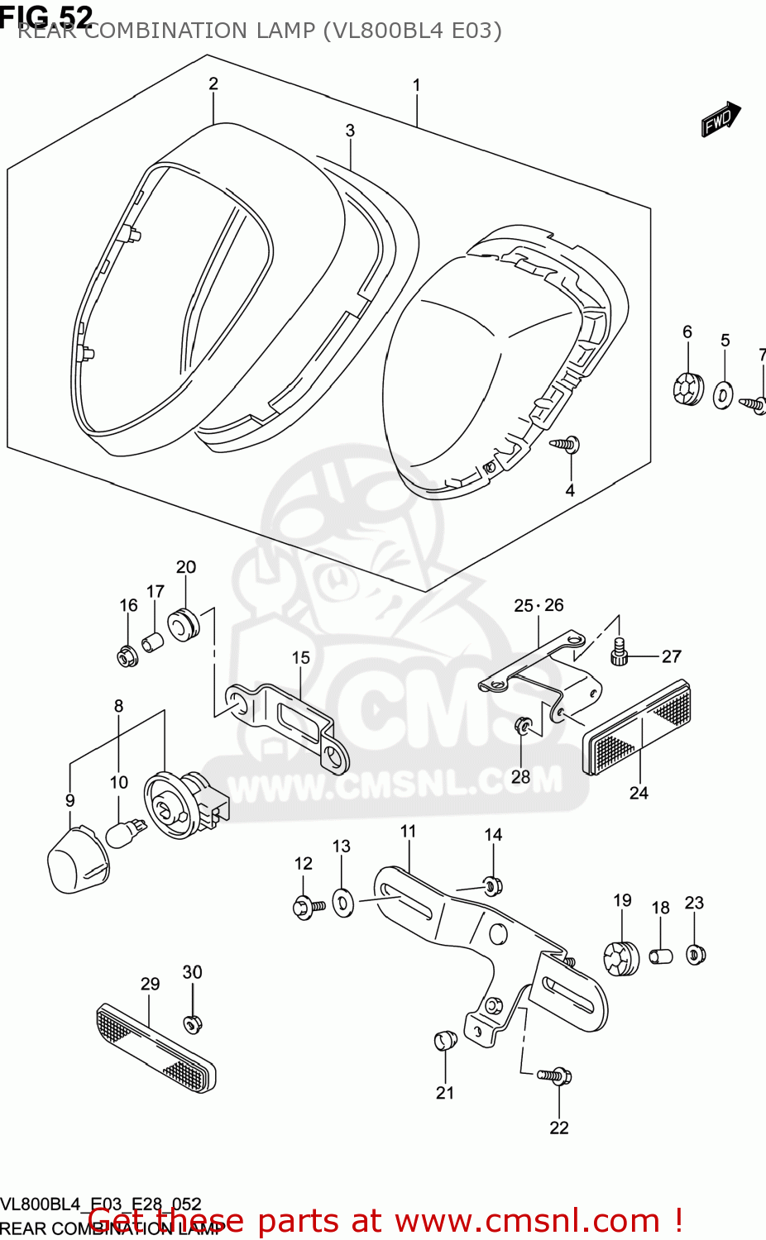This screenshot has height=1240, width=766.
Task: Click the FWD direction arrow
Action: click(721, 119)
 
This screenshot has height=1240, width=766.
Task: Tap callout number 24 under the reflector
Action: click(639, 793)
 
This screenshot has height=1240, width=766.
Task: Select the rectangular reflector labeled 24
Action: click(638, 727)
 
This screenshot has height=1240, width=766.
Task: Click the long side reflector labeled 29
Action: click(156, 1047)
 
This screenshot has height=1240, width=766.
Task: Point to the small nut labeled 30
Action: click(192, 1024)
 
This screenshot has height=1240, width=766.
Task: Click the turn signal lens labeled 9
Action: click(77, 859)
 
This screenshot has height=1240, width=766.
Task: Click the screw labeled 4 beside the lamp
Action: click(567, 445)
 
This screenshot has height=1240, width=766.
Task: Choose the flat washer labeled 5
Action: click(723, 396)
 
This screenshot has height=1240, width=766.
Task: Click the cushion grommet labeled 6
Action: click(687, 389)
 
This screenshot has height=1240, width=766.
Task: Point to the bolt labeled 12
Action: click(309, 906)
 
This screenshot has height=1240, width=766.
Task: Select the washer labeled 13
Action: click(343, 902)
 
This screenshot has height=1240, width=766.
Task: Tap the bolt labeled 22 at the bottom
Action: click(557, 1075)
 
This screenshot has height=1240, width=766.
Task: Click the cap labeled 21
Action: click(445, 1039)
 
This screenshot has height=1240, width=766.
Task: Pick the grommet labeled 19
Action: click(621, 958)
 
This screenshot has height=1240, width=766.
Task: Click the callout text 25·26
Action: click(539, 606)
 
